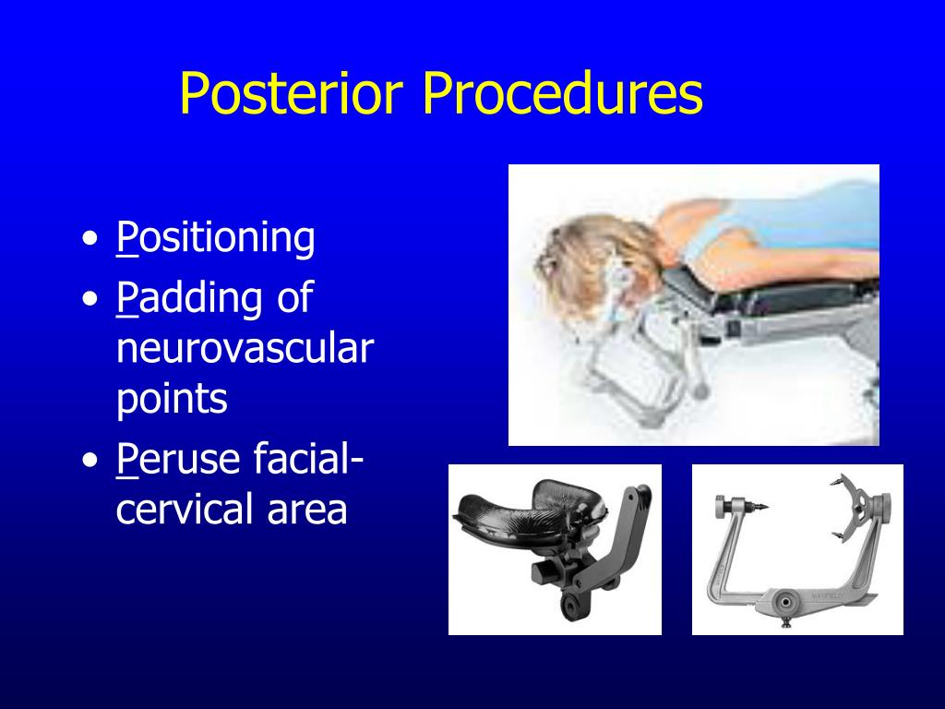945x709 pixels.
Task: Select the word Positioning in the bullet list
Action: pos(216,238)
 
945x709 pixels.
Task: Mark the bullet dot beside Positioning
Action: pos(90,239)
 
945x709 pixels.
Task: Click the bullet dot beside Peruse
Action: pos(90,460)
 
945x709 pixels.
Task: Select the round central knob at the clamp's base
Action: pos(784,601)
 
